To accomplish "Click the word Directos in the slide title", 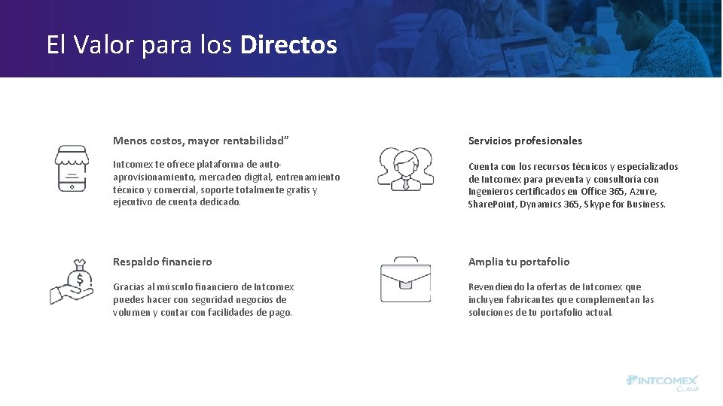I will tap(288, 45).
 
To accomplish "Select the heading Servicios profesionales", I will tap(525, 141).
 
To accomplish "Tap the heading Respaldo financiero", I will tap(162, 262).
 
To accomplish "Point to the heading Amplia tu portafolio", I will tap(519, 262).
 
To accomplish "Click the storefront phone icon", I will tap(72, 168).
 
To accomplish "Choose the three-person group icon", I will tap(405, 169).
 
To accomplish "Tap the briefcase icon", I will tap(405, 280).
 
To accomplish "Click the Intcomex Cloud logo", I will tap(663, 382).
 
